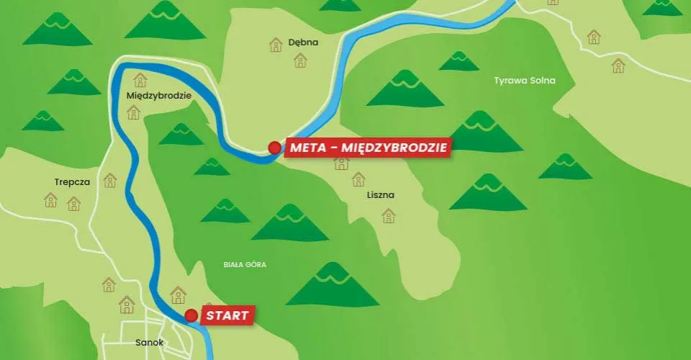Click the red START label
click(227, 315)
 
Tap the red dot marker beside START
click(191, 315)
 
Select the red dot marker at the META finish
click(274, 148)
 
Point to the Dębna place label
click(303, 42)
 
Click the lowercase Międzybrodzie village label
click(158, 95)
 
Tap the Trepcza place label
click(72, 182)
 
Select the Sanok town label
click(150, 343)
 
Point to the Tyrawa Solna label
click(525, 80)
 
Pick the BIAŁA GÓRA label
click(245, 264)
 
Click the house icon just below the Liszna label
click(389, 215)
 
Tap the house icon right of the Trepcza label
click(110, 180)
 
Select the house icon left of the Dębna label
click(276, 45)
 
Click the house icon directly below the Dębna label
click(300, 60)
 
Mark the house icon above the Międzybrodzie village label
click(140, 79)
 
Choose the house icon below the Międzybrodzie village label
click(133, 112)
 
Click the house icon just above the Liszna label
click(341, 163)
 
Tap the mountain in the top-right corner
click(662, 7)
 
